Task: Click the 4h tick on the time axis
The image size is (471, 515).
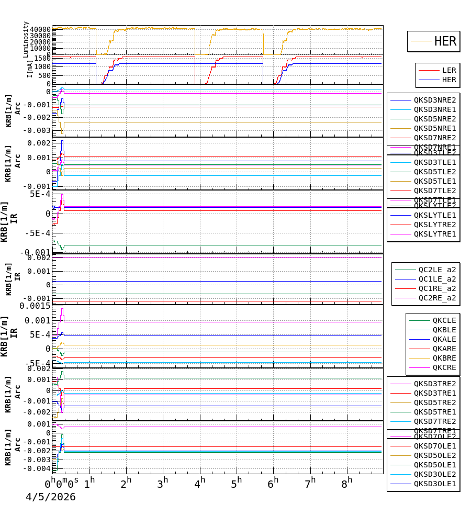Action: (199, 481)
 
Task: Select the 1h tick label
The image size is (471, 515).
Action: (89, 481)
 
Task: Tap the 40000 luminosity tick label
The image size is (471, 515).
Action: (40, 29)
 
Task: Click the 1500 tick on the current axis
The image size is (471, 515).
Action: (42, 59)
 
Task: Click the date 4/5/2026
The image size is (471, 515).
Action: (51, 497)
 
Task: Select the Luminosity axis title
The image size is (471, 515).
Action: (26, 39)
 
